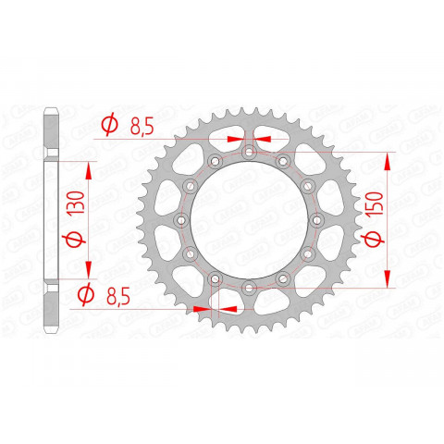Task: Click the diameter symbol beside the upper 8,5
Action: point(107,126)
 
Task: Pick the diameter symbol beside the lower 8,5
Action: point(82,297)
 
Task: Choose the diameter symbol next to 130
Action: point(75,241)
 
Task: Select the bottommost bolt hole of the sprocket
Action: point(248,289)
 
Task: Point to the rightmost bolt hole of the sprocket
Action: point(317,220)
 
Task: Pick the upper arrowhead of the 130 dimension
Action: point(89,169)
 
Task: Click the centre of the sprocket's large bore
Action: point(248,220)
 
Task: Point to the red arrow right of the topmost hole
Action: point(262,135)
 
